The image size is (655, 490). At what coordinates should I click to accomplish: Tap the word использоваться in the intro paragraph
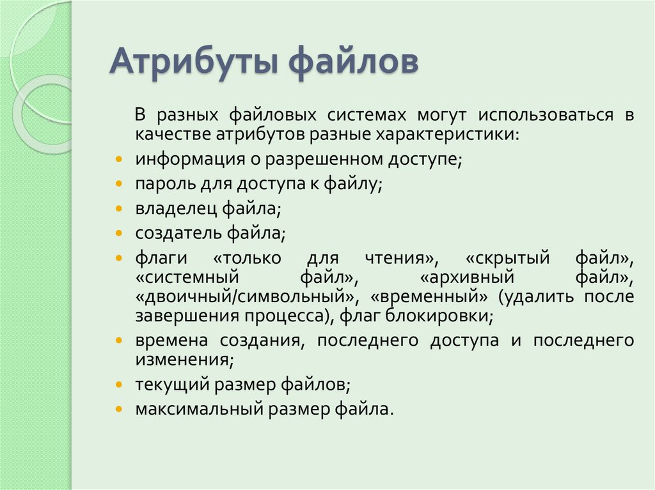coord(554,116)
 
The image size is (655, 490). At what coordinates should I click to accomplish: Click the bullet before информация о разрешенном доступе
coord(120,159)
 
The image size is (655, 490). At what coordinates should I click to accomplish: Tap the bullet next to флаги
coord(120,258)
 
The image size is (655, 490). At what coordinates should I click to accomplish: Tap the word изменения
coord(182,359)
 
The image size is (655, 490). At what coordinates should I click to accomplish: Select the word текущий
coord(169,385)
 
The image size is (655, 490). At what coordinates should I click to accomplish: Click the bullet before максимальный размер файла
coord(120,409)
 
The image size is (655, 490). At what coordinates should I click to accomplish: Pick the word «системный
coord(187,278)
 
